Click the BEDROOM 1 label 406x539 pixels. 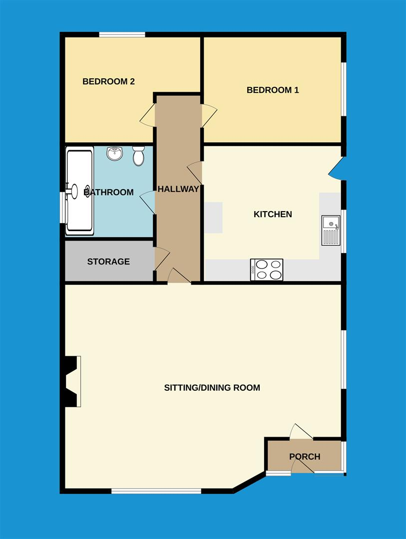(273, 90)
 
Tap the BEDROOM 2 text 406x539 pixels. (108, 81)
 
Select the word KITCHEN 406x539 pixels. (273, 215)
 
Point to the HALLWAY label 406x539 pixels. (178, 189)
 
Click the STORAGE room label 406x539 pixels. (108, 262)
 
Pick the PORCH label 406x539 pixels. (305, 457)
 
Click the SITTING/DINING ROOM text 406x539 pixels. (212, 388)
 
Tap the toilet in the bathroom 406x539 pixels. (138, 156)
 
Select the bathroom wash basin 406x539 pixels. (115, 153)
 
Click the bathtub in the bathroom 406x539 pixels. (79, 190)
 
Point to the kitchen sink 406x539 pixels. (331, 230)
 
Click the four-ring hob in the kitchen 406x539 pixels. (267, 269)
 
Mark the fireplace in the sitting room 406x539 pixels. (71, 381)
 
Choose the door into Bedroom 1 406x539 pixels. (208, 116)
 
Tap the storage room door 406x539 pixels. (161, 260)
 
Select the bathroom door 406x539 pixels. (148, 202)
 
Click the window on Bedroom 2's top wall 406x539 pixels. (122, 34)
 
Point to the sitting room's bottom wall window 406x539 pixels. (156, 491)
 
